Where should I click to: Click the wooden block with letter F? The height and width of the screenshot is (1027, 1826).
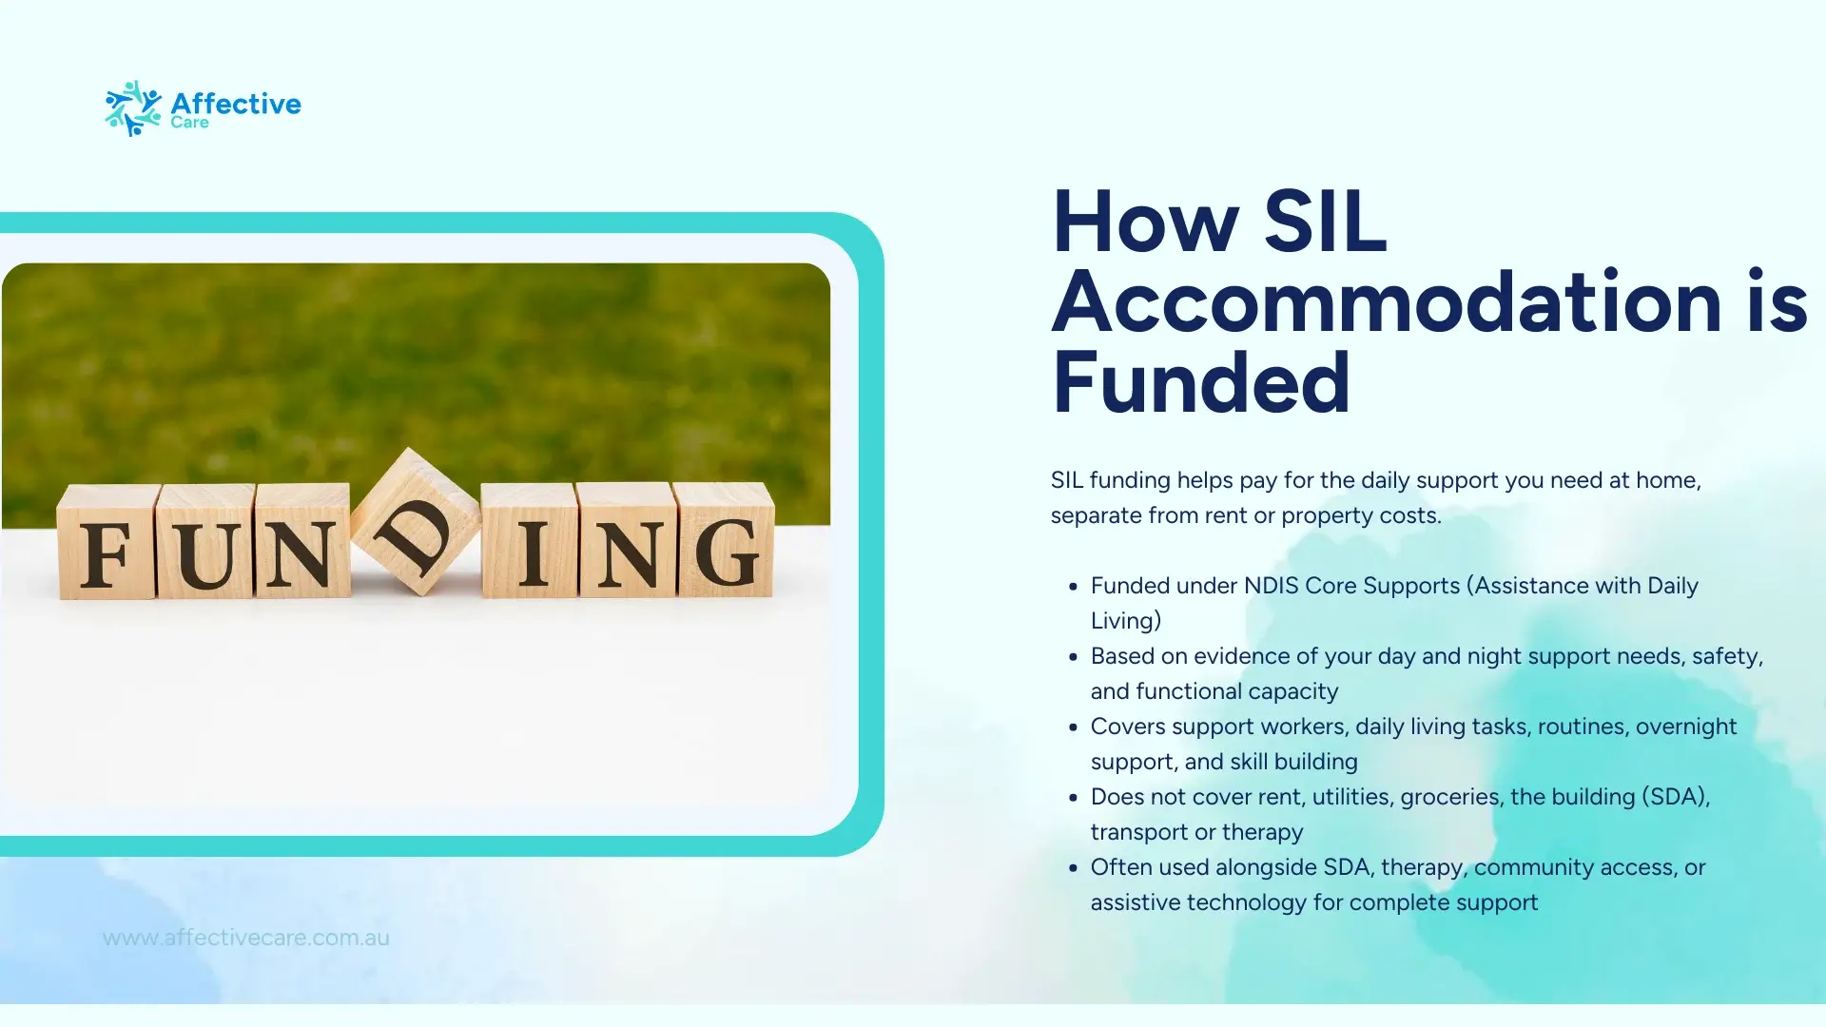[107, 542]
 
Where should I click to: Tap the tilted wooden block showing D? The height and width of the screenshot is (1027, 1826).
[416, 522]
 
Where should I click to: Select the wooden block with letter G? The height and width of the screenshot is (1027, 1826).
[725, 539]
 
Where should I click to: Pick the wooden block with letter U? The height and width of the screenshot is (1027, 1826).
[205, 542]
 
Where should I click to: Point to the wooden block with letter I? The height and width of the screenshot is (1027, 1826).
[530, 540]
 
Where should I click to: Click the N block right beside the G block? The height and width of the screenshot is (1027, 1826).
[627, 540]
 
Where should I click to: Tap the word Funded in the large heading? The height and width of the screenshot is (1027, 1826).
[1201, 382]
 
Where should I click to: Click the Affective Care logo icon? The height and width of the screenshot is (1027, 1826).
[133, 108]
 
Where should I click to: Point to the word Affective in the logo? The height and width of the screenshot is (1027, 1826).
[236, 103]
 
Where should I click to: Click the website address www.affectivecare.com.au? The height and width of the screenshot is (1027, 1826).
[246, 938]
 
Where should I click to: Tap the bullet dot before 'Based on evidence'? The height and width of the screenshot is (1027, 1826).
[1073, 657]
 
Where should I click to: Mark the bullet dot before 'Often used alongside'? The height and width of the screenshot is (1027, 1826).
[1073, 868]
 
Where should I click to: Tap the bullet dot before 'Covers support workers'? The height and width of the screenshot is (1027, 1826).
[1073, 727]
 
